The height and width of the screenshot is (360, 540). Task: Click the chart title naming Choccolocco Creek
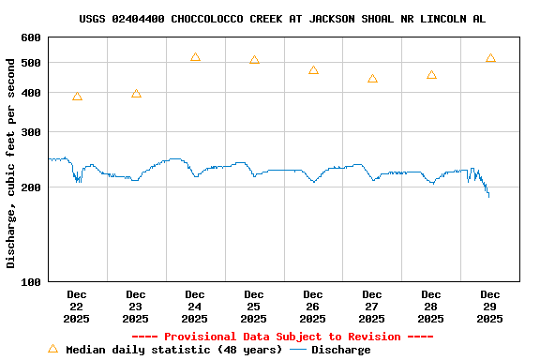(282, 19)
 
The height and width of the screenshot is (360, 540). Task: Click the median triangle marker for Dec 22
(77, 97)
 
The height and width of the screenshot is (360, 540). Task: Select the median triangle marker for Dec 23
(136, 94)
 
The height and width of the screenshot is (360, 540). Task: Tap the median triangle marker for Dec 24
(195, 57)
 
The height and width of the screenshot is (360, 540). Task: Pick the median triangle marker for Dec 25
(254, 60)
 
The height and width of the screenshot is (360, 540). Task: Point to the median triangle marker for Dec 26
(313, 70)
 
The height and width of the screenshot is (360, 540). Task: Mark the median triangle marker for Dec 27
(372, 79)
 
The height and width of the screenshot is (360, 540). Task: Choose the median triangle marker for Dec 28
(431, 75)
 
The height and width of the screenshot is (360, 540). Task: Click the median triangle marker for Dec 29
(490, 58)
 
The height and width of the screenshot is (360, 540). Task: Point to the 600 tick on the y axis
(31, 37)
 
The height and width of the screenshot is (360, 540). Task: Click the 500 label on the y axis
(31, 63)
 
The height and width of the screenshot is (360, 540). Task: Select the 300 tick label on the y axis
(31, 132)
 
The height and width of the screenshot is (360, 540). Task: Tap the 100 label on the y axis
(31, 281)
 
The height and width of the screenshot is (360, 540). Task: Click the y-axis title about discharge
(11, 163)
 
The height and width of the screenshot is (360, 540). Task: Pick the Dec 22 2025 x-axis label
(77, 307)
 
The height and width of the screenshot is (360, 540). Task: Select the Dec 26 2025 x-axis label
(313, 307)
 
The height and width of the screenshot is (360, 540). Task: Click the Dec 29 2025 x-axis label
(490, 307)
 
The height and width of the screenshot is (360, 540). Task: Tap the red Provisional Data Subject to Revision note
(282, 337)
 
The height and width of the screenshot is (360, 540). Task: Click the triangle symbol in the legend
(52, 349)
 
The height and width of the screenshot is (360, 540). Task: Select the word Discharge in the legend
(340, 350)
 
